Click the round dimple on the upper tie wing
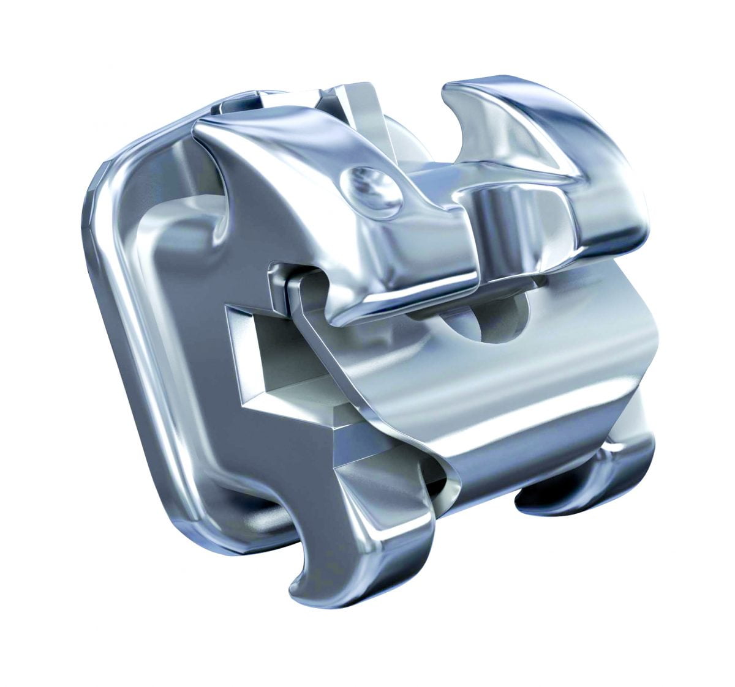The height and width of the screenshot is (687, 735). click(371, 190)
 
